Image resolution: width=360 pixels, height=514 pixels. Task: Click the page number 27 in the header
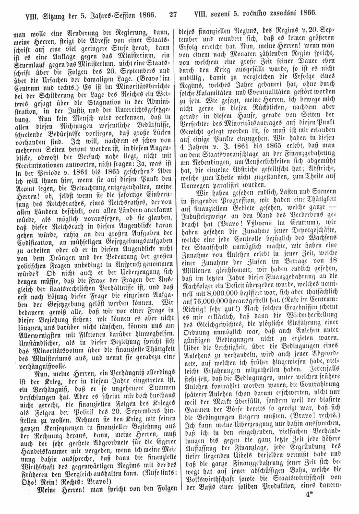click(x=174, y=15)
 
